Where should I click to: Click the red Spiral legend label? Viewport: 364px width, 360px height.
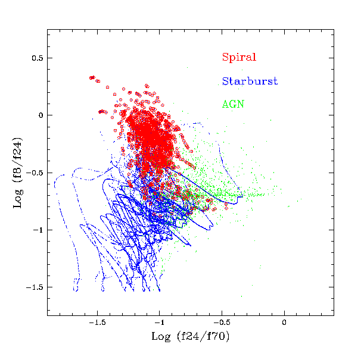239,58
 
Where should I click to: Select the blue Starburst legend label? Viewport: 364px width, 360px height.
250,81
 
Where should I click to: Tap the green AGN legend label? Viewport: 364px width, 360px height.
233,104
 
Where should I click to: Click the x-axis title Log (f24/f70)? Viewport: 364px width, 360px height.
190,337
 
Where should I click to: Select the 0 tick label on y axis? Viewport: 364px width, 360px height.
42,115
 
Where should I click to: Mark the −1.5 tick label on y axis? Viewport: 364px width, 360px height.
36,287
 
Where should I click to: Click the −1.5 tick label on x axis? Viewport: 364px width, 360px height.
97,323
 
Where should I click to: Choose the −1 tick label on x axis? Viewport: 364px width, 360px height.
160,323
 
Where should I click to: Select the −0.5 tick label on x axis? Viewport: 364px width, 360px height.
222,323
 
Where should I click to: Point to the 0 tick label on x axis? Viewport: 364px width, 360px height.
284,323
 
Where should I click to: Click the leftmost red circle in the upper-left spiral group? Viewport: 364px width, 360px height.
91,78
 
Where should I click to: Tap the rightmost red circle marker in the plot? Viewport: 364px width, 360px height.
226,208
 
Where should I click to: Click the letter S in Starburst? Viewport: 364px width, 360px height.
225,81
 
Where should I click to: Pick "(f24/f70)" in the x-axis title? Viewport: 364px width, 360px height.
202,337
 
